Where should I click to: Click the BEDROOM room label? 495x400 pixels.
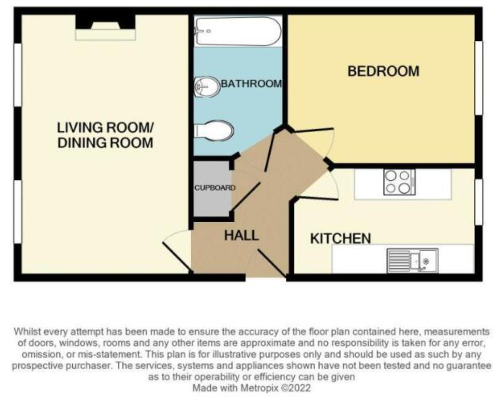point(383,72)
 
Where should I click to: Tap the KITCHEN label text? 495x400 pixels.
point(341,239)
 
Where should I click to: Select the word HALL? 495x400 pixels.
point(241,236)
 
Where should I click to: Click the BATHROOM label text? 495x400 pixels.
point(251,84)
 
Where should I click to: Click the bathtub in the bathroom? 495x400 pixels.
point(238,31)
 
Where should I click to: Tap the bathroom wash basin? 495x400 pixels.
point(206,87)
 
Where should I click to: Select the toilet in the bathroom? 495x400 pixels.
point(213,130)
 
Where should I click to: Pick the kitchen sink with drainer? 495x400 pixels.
point(412,260)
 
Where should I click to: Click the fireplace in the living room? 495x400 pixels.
point(106,28)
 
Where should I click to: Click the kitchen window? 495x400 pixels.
point(478,202)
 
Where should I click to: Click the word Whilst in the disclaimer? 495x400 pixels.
point(27,331)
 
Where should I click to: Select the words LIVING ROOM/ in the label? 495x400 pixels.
point(105,127)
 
